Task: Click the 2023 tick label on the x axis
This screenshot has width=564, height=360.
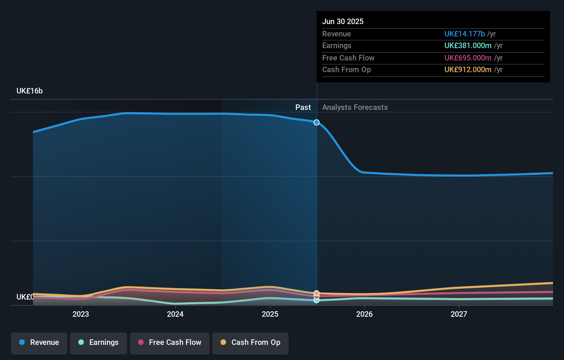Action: [x=81, y=314]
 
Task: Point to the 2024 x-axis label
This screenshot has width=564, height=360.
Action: [x=175, y=314]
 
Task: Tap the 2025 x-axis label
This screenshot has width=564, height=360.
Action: [x=270, y=314]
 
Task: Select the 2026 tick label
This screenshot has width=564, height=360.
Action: [x=364, y=314]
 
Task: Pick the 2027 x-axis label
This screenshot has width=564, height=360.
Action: [x=459, y=314]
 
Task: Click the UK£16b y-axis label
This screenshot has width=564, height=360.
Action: [x=30, y=91]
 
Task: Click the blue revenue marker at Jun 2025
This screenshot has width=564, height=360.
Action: [x=316, y=122]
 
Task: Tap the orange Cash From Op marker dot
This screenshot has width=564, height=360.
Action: [x=316, y=293]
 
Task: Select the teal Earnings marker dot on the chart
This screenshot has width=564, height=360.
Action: [x=316, y=300]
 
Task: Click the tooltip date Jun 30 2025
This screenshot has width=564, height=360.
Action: [x=343, y=21]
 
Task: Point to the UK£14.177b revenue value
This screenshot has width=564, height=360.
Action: [x=464, y=34]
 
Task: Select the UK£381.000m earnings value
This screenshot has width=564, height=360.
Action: [x=468, y=46]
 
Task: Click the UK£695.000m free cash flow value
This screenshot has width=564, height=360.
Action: [x=468, y=58]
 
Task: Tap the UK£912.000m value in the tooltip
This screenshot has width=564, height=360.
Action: [x=468, y=69]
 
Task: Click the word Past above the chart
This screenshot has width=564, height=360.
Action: [x=303, y=108]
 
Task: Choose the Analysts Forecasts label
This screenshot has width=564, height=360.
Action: [x=355, y=108]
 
